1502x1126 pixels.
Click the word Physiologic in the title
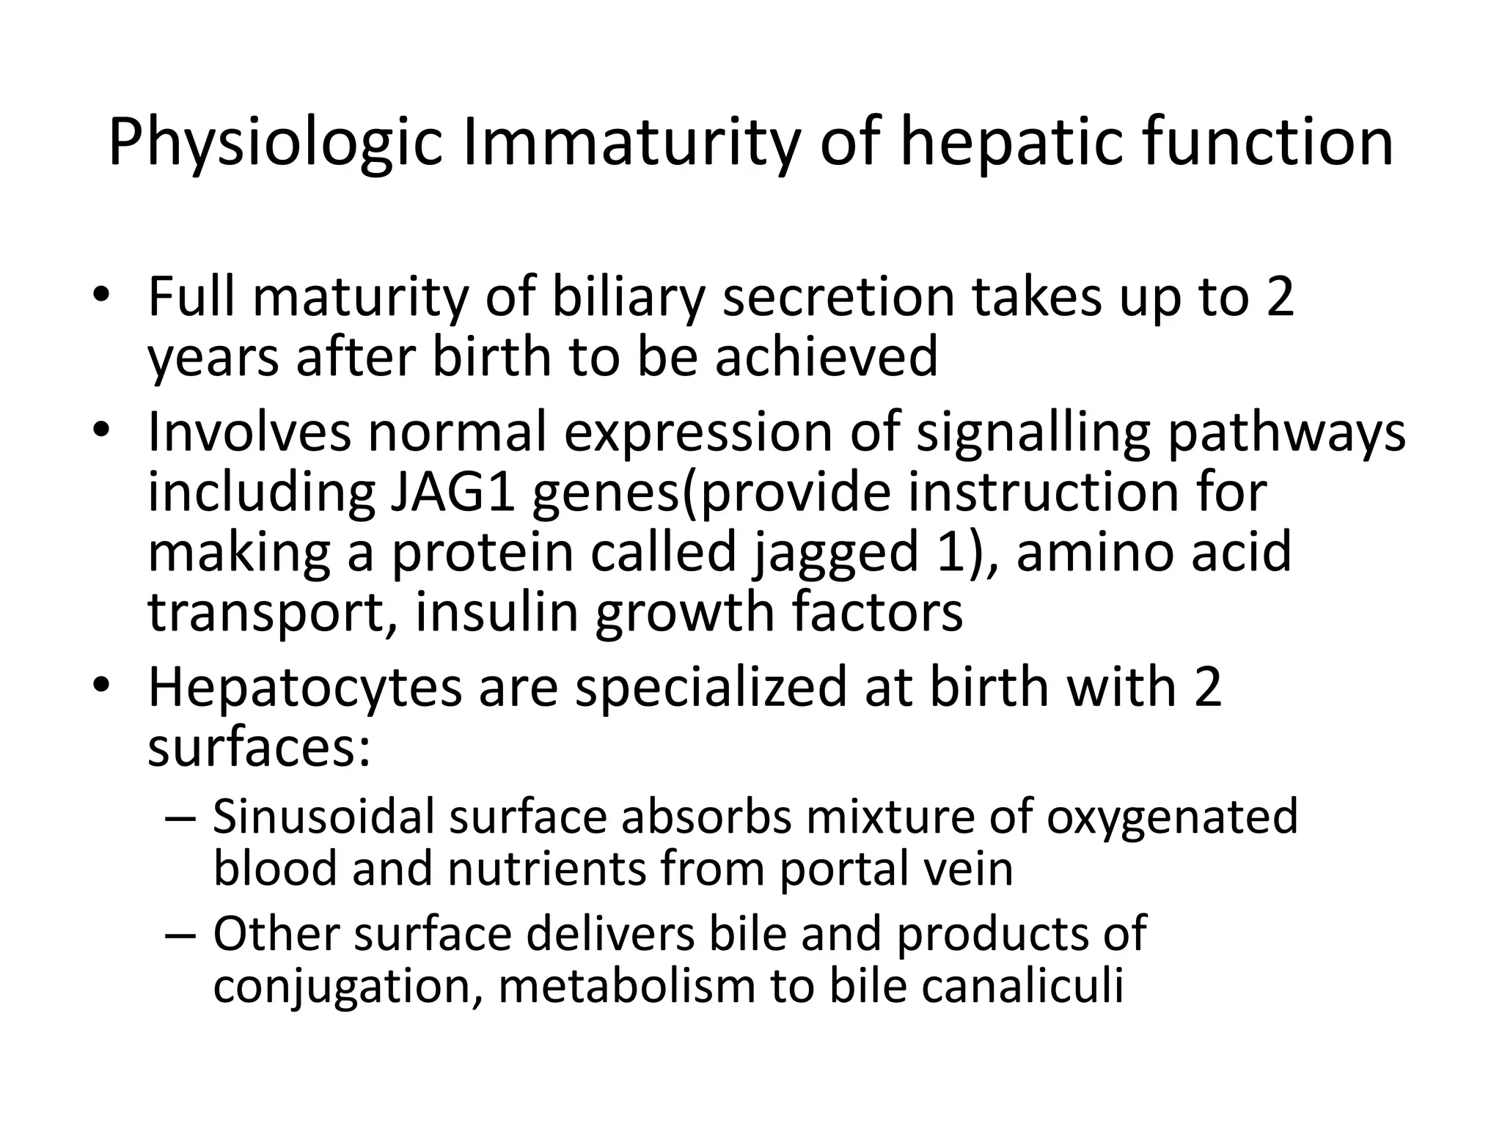pos(275,143)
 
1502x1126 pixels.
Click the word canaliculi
pos(1022,986)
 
